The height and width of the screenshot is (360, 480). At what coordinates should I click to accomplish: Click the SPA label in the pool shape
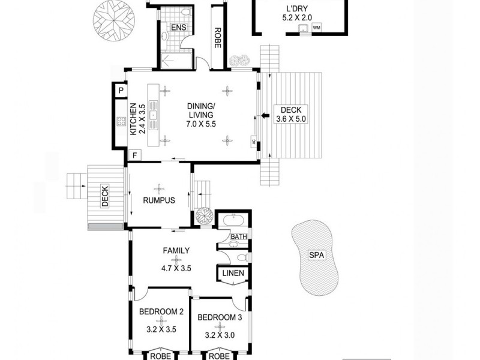pos(316,255)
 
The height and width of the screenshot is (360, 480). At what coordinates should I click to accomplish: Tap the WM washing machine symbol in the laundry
pos(316,28)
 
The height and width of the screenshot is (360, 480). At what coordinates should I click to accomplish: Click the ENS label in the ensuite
pos(178,28)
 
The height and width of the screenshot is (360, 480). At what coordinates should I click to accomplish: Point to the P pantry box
pos(121,91)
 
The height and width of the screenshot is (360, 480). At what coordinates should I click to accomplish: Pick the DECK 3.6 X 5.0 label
pos(290,114)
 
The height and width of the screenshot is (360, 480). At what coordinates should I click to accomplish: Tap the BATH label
pos(239,237)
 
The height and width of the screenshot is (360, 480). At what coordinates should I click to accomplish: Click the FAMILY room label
pos(176,251)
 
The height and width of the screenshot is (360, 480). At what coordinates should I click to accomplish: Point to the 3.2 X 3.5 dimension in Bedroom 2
pos(161,329)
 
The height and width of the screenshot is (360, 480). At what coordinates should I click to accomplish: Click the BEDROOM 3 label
pos(218,317)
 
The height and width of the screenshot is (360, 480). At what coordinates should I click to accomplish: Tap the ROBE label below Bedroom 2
pos(160,355)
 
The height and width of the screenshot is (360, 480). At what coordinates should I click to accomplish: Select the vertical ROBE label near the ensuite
pos(217,37)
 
